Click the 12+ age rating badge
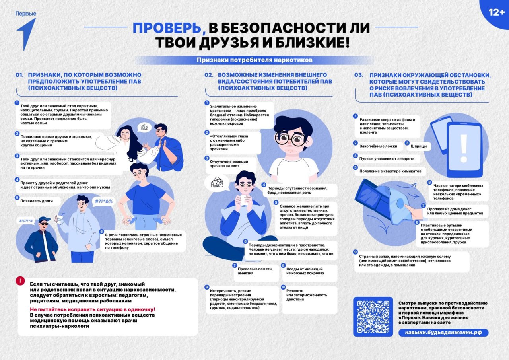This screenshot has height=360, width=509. [x=496, y=12]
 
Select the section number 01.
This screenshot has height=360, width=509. [x=20, y=75]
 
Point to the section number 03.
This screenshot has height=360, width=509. [x=359, y=75]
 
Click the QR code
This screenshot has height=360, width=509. [x=373, y=317]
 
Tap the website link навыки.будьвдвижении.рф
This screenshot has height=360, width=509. [x=443, y=333]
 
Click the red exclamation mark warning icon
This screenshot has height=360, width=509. [x=20, y=280]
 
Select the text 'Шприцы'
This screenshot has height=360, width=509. [x=418, y=146]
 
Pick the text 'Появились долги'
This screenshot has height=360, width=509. [x=37, y=201]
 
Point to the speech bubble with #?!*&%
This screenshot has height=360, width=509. [x=104, y=201]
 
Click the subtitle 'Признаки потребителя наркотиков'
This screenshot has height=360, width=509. [x=254, y=60]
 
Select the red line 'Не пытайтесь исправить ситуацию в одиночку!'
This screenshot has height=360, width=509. [x=93, y=309]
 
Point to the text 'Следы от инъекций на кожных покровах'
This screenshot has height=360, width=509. [x=305, y=271]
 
